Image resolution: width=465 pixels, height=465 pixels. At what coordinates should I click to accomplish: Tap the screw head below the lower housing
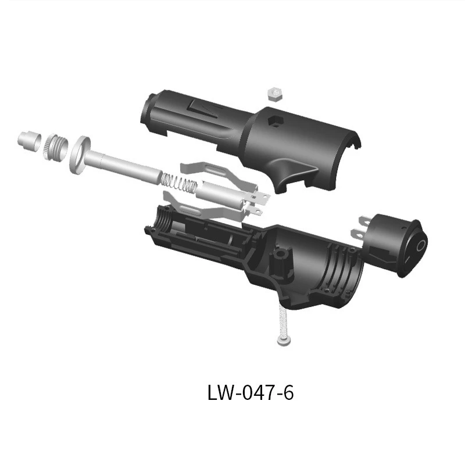point(284,342)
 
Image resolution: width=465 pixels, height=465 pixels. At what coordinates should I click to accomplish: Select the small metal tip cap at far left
point(29,141)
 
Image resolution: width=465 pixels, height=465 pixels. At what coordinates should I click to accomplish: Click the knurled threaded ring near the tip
point(56,146)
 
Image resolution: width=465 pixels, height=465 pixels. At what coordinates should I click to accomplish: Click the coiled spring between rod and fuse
point(179,182)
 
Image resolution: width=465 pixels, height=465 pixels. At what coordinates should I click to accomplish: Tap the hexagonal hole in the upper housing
point(276,121)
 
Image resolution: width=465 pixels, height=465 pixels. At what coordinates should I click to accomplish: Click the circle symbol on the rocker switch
point(420,246)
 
